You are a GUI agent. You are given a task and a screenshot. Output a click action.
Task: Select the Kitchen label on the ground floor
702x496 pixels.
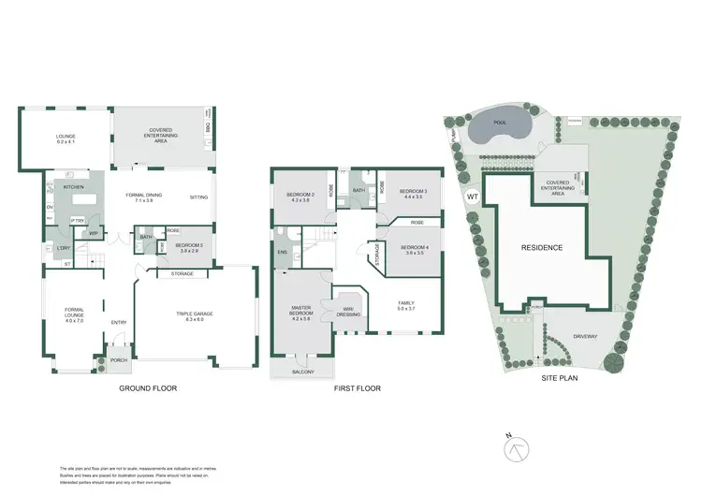point(74,187)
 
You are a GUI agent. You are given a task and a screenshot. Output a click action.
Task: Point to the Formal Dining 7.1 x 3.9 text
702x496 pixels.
point(148,197)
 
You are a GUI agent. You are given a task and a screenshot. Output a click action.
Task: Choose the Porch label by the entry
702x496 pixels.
point(119,358)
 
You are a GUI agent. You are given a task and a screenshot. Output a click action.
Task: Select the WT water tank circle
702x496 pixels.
point(472,197)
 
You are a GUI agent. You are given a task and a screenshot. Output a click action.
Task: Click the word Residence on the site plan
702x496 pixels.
point(542,248)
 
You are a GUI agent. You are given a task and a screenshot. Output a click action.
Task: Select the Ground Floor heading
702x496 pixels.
point(148,387)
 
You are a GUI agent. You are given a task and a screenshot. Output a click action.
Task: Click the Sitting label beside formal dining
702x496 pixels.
point(198,197)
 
